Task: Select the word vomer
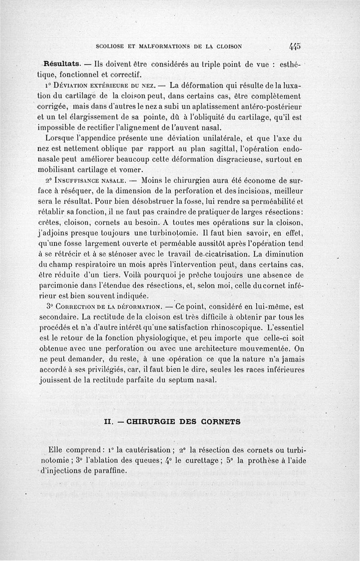131,170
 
